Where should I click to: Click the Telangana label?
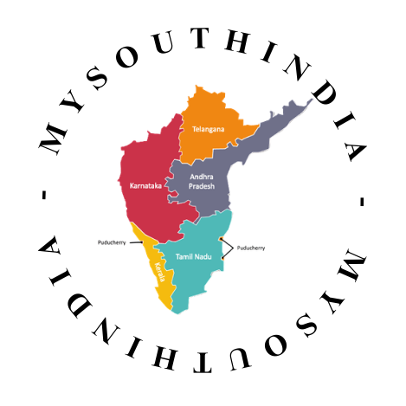pyautogui.click(x=208, y=129)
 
